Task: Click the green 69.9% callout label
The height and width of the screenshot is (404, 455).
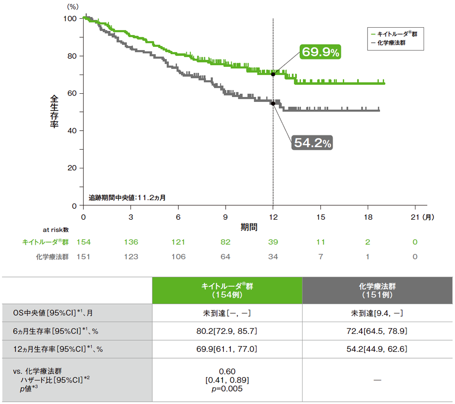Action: click(319, 52)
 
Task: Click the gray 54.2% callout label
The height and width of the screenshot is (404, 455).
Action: click(312, 143)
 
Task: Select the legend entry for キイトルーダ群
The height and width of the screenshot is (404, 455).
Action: click(394, 34)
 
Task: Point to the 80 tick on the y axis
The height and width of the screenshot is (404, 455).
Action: click(73, 56)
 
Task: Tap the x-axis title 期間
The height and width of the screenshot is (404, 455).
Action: click(249, 227)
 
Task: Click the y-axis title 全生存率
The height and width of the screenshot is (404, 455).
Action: click(54, 111)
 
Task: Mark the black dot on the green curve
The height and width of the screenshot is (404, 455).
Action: click(273, 74)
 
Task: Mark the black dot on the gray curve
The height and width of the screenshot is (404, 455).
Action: click(273, 103)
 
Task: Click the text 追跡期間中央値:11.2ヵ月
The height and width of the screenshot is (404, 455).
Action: click(127, 198)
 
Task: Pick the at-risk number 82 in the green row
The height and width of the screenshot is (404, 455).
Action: click(225, 242)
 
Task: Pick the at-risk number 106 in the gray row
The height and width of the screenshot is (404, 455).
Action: click(178, 257)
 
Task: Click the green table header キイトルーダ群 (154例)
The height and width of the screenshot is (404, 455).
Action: click(227, 290)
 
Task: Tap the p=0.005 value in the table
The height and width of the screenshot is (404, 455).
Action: click(227, 389)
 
